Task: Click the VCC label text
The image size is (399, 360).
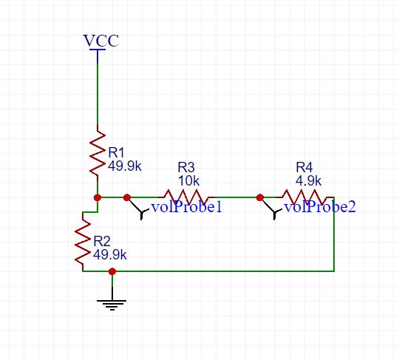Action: [x=101, y=41]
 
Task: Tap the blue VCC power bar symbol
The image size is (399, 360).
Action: [x=98, y=55]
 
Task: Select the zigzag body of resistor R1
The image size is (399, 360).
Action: [x=98, y=153]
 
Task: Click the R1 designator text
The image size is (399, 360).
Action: [x=116, y=152]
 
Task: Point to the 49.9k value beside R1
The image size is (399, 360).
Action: [x=125, y=166]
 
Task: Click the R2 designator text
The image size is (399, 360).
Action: [x=102, y=241]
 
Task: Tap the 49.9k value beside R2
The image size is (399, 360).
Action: [x=110, y=254]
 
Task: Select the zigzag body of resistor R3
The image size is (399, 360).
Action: [x=186, y=197]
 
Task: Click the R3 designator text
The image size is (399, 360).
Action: [x=186, y=167]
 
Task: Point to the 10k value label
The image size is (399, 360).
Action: [x=188, y=181]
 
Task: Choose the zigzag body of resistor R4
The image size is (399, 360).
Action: [x=304, y=197]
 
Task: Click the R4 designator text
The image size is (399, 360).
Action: [x=304, y=167]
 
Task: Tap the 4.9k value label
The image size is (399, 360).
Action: [x=308, y=181]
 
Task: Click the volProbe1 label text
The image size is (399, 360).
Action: [x=187, y=207]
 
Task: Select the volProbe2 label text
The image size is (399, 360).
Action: [x=320, y=207]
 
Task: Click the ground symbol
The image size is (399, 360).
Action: [x=112, y=305]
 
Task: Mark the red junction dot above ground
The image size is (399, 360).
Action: [x=112, y=271]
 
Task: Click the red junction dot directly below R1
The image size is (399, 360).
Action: [x=98, y=197]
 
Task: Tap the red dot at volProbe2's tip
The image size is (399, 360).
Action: [x=260, y=197]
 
